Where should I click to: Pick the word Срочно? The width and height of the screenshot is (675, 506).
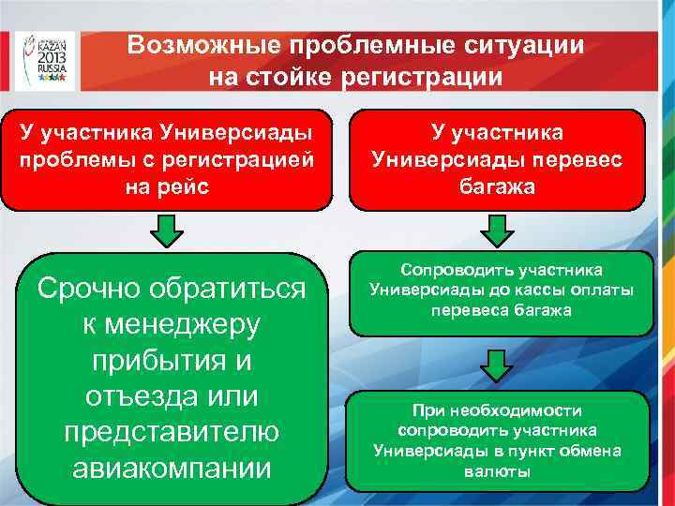point(95,290)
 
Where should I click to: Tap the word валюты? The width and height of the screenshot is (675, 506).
point(497,471)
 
